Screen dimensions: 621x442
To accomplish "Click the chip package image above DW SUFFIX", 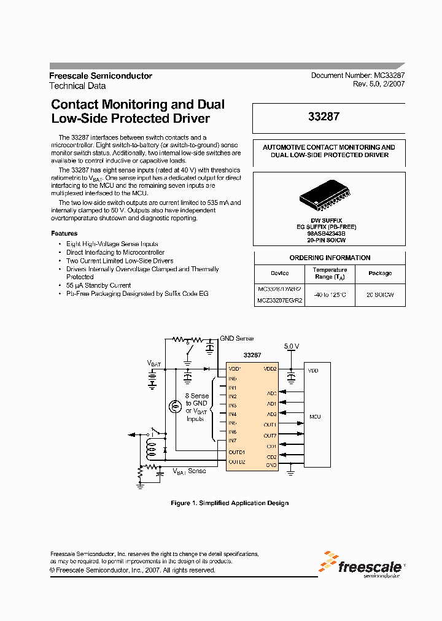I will (325, 195).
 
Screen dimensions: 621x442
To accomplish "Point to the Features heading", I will (64, 233).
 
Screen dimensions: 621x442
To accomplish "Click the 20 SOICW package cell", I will (380, 295).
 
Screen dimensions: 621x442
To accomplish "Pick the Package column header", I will (380, 273).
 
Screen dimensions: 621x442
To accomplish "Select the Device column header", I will (279, 273).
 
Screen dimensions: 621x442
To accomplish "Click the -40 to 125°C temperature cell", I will (330, 295).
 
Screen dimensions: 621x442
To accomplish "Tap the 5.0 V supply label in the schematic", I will (292, 347).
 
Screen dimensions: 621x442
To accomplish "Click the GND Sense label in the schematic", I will (237, 339).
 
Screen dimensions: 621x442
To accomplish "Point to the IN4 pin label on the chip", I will (233, 414).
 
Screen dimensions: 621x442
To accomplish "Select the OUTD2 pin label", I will (237, 461).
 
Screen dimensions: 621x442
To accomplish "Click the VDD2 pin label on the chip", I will (270, 369).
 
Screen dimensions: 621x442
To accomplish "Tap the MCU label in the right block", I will (315, 417).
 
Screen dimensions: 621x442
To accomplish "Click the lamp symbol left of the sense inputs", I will (175, 406).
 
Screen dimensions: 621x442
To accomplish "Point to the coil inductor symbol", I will (149, 450).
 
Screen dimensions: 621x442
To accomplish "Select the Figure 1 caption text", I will (229, 503).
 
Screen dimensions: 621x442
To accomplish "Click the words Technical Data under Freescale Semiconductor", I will (77, 86).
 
